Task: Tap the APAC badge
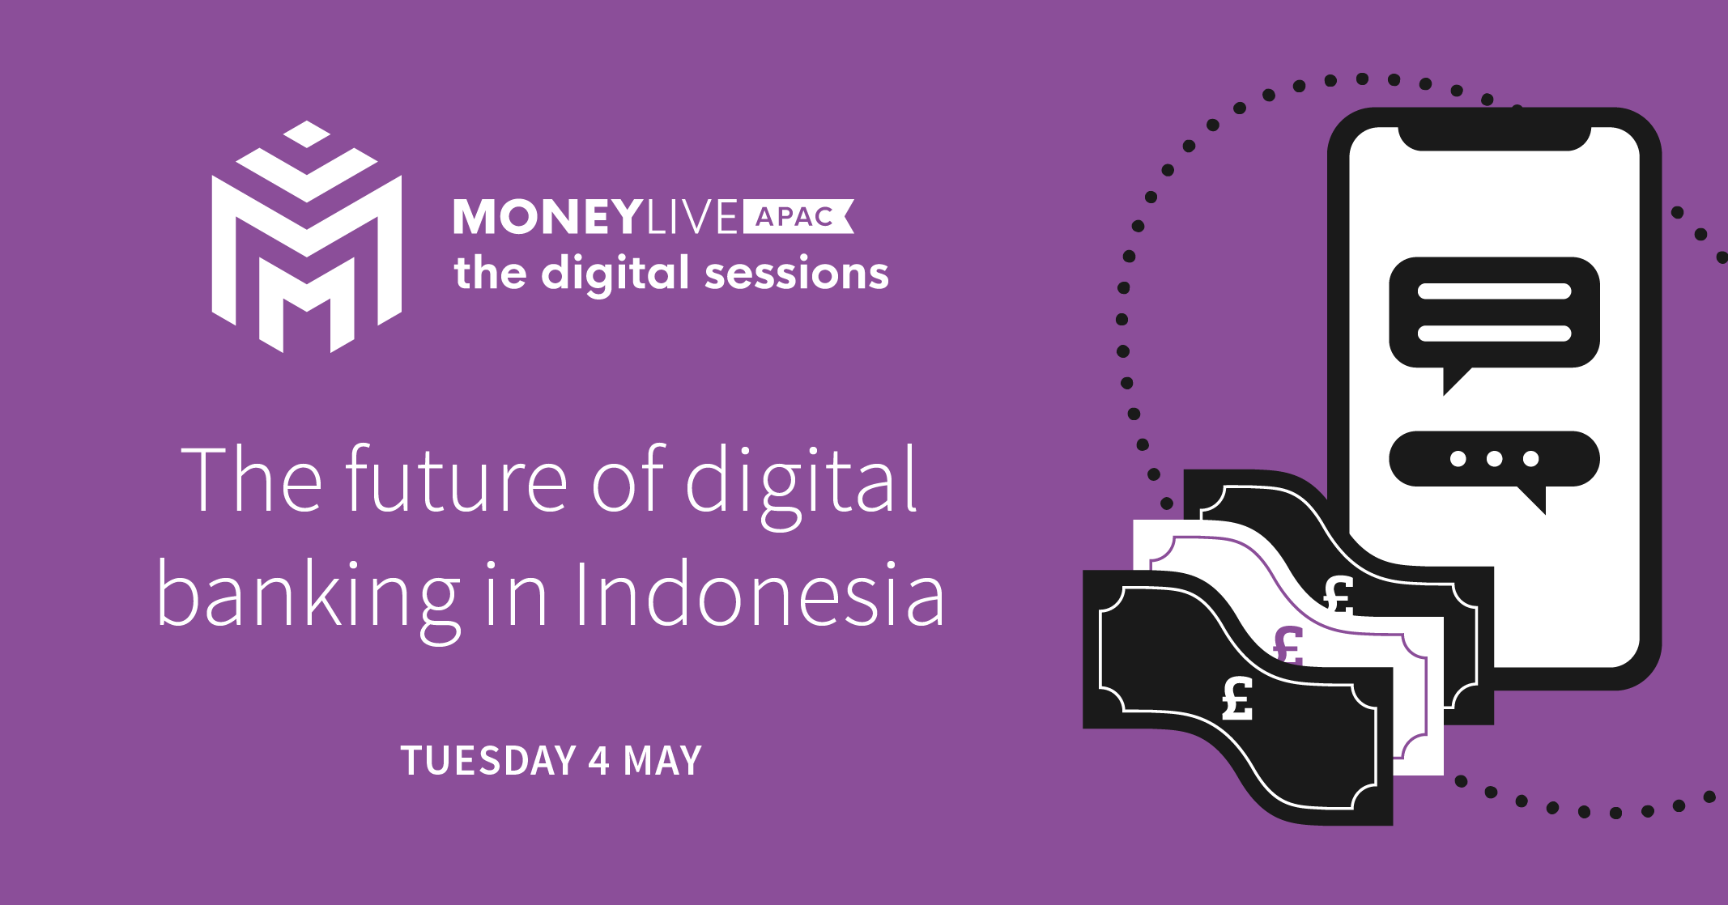coord(798,217)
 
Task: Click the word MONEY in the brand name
coord(547,217)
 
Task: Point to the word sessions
coord(797,274)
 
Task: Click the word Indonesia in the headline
coord(760,595)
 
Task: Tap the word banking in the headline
coord(309,599)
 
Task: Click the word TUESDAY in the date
coord(488,761)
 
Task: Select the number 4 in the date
coord(599,761)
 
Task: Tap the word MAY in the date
coord(662,761)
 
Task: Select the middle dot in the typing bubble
coord(1494,459)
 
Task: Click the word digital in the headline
coord(802,484)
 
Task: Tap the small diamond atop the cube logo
coord(307,134)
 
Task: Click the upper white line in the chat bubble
coord(1494,291)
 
